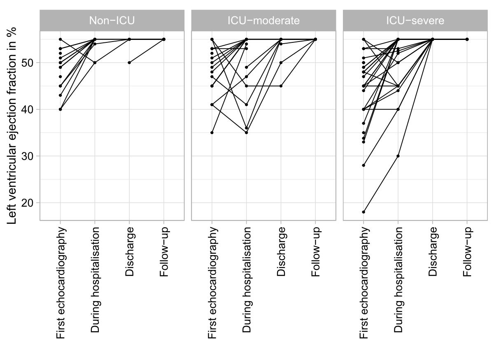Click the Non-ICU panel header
click(x=112, y=21)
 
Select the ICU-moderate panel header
click(x=263, y=21)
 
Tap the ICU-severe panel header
click(x=415, y=21)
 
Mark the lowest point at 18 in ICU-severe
click(x=364, y=212)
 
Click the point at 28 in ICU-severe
click(x=364, y=165)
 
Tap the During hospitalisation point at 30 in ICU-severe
click(x=398, y=156)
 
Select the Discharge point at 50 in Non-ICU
click(x=129, y=63)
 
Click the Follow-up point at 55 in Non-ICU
click(x=164, y=39)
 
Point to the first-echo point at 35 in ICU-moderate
click(x=212, y=132)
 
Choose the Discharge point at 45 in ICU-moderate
click(x=281, y=86)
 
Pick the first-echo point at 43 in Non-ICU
click(x=60, y=95)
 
